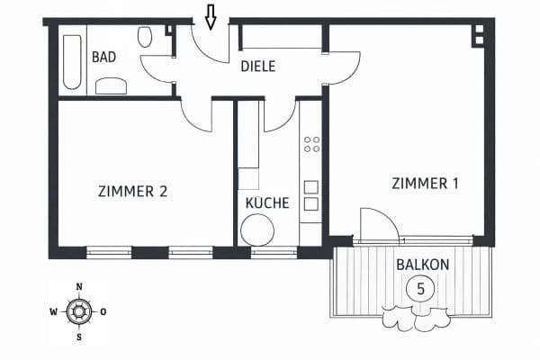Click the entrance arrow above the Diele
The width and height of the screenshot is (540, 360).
point(211,16)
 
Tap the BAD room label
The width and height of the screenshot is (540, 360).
point(104,57)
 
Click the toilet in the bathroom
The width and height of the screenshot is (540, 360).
point(145,37)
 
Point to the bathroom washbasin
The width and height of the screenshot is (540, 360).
point(112,85)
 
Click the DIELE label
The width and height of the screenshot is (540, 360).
point(257,67)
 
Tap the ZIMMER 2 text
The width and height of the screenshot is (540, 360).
point(132,191)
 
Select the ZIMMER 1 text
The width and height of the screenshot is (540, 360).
point(425,184)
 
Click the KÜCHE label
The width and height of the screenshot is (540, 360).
point(267,203)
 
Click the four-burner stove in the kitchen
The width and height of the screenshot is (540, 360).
point(311,145)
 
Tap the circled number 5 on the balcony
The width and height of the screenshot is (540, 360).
point(417,289)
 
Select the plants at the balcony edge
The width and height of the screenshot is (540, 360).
point(416,318)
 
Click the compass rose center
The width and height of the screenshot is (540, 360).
point(79,312)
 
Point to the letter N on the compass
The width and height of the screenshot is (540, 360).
point(79,288)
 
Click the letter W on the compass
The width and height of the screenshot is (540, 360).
point(54,312)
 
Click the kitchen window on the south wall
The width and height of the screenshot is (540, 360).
point(274,253)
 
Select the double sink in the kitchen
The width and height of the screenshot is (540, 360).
point(311,195)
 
